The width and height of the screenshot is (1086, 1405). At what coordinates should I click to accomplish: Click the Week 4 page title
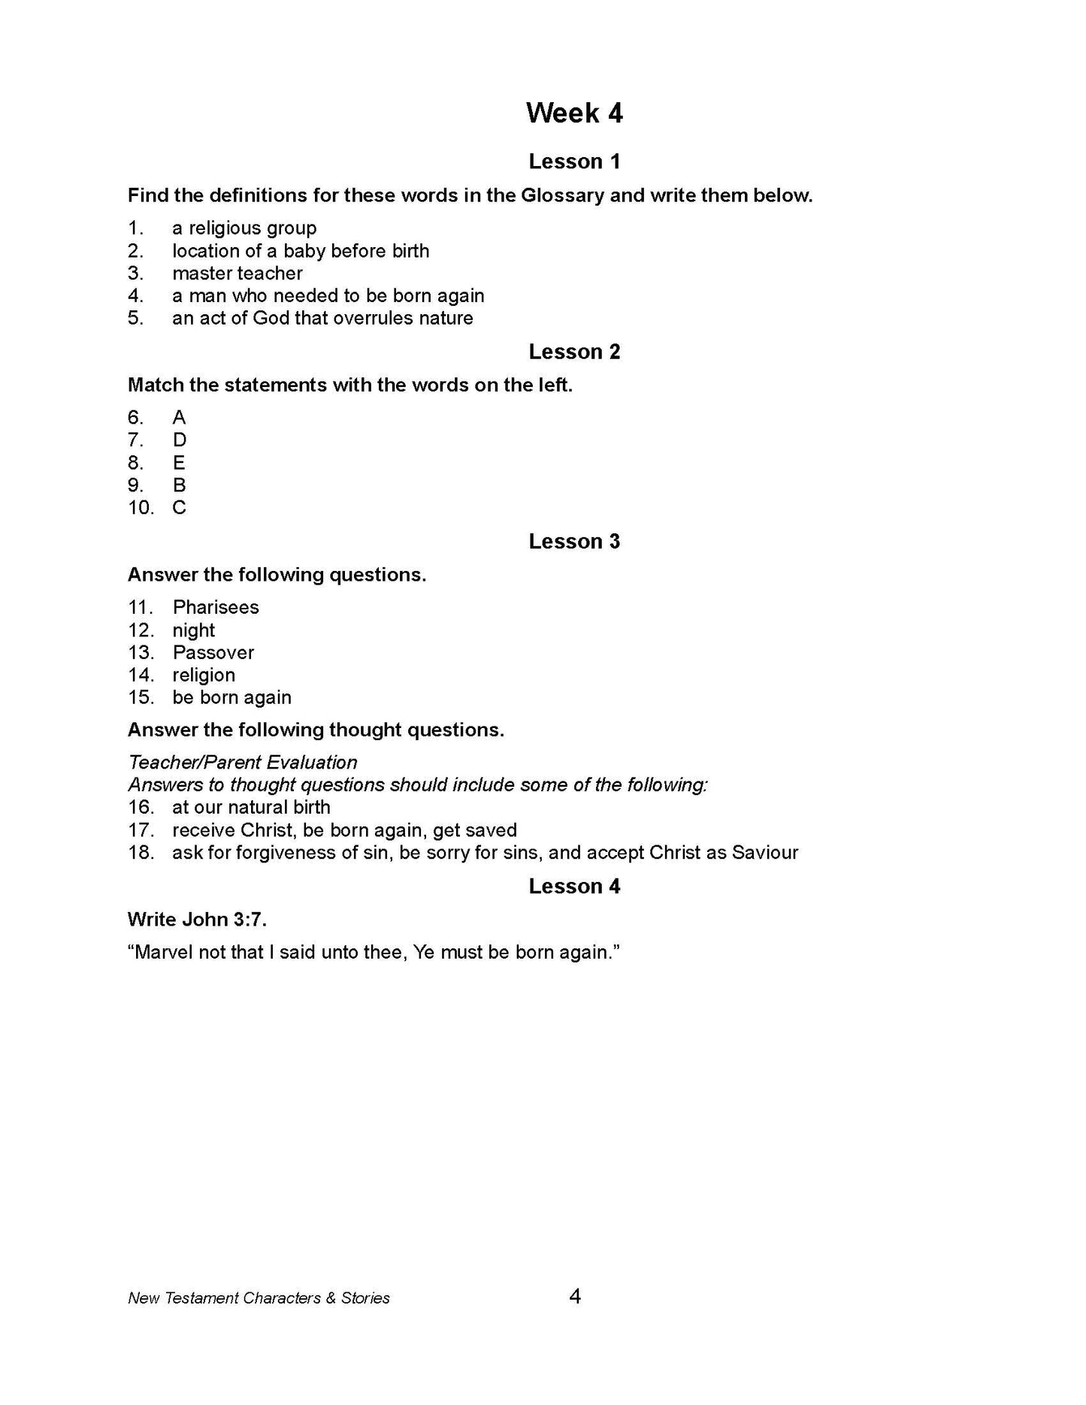tap(574, 113)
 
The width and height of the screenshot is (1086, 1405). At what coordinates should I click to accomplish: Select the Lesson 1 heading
tap(574, 162)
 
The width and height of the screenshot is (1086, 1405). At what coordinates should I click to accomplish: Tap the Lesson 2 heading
tap(574, 352)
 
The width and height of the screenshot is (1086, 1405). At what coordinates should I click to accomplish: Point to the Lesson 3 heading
tap(574, 542)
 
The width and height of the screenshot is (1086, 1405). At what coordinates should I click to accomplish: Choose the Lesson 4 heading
tap(574, 887)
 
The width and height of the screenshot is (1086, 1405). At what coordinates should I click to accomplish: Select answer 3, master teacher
tap(237, 273)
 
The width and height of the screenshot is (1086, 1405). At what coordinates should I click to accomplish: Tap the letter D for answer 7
tap(179, 440)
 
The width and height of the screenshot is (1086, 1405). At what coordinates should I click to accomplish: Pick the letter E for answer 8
tap(179, 463)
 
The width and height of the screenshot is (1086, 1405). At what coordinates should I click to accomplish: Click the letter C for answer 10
tap(179, 508)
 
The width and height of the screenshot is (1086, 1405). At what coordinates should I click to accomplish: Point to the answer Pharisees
tap(216, 607)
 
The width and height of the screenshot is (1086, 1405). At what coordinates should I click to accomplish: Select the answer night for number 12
tap(194, 630)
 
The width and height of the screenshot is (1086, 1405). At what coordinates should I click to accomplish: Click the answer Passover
tap(213, 653)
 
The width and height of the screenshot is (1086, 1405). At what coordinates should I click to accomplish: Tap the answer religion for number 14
tap(204, 675)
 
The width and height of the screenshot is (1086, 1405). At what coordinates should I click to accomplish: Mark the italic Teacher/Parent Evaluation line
tap(243, 763)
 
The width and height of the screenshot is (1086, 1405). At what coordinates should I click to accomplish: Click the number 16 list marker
tap(141, 808)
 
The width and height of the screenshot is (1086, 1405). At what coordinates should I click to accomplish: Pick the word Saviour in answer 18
tap(764, 853)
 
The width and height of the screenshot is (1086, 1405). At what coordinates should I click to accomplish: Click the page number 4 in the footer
tap(575, 1297)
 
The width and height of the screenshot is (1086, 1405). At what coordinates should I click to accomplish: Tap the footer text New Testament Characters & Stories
tap(259, 1298)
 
